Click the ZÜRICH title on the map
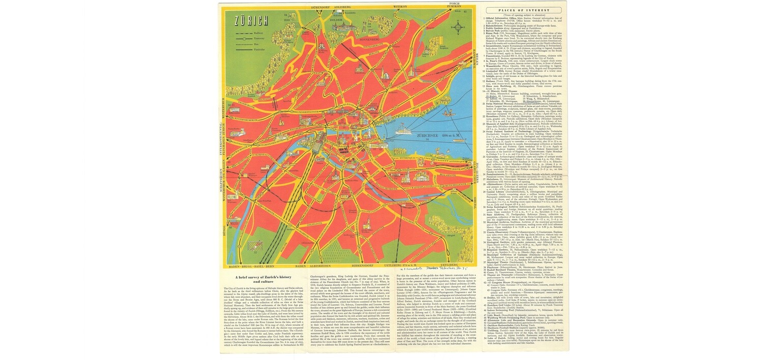[x=251, y=21]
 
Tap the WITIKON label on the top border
[x=400, y=7]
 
